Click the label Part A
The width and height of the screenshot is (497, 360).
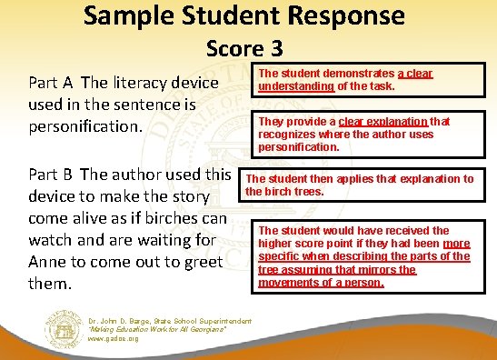(56, 84)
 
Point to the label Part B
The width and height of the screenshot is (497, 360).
(56, 175)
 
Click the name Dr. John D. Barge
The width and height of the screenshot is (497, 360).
(122, 320)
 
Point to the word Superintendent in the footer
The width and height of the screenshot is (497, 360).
(220, 320)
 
